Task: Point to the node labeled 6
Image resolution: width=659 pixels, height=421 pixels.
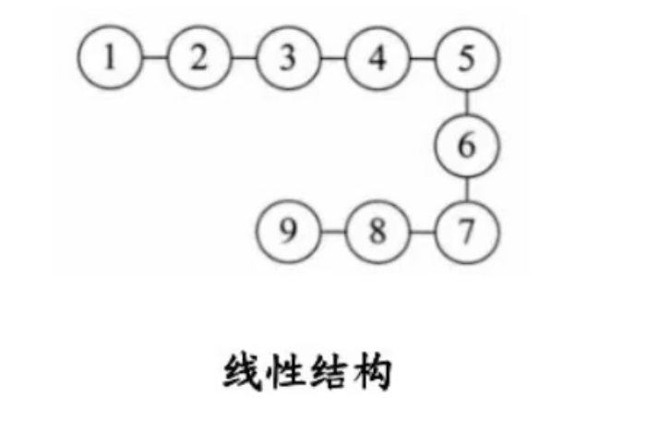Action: click(467, 144)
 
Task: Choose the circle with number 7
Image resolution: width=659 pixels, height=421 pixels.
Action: click(467, 230)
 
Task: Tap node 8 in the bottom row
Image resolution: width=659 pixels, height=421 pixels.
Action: click(377, 230)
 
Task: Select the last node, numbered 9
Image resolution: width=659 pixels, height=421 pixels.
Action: click(288, 230)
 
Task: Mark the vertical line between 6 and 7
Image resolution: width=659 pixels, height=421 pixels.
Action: click(467, 187)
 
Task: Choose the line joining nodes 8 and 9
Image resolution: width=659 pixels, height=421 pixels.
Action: click(333, 230)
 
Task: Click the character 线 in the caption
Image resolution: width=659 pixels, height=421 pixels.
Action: click(243, 374)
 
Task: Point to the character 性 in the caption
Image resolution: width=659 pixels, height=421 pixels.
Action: click(287, 374)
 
